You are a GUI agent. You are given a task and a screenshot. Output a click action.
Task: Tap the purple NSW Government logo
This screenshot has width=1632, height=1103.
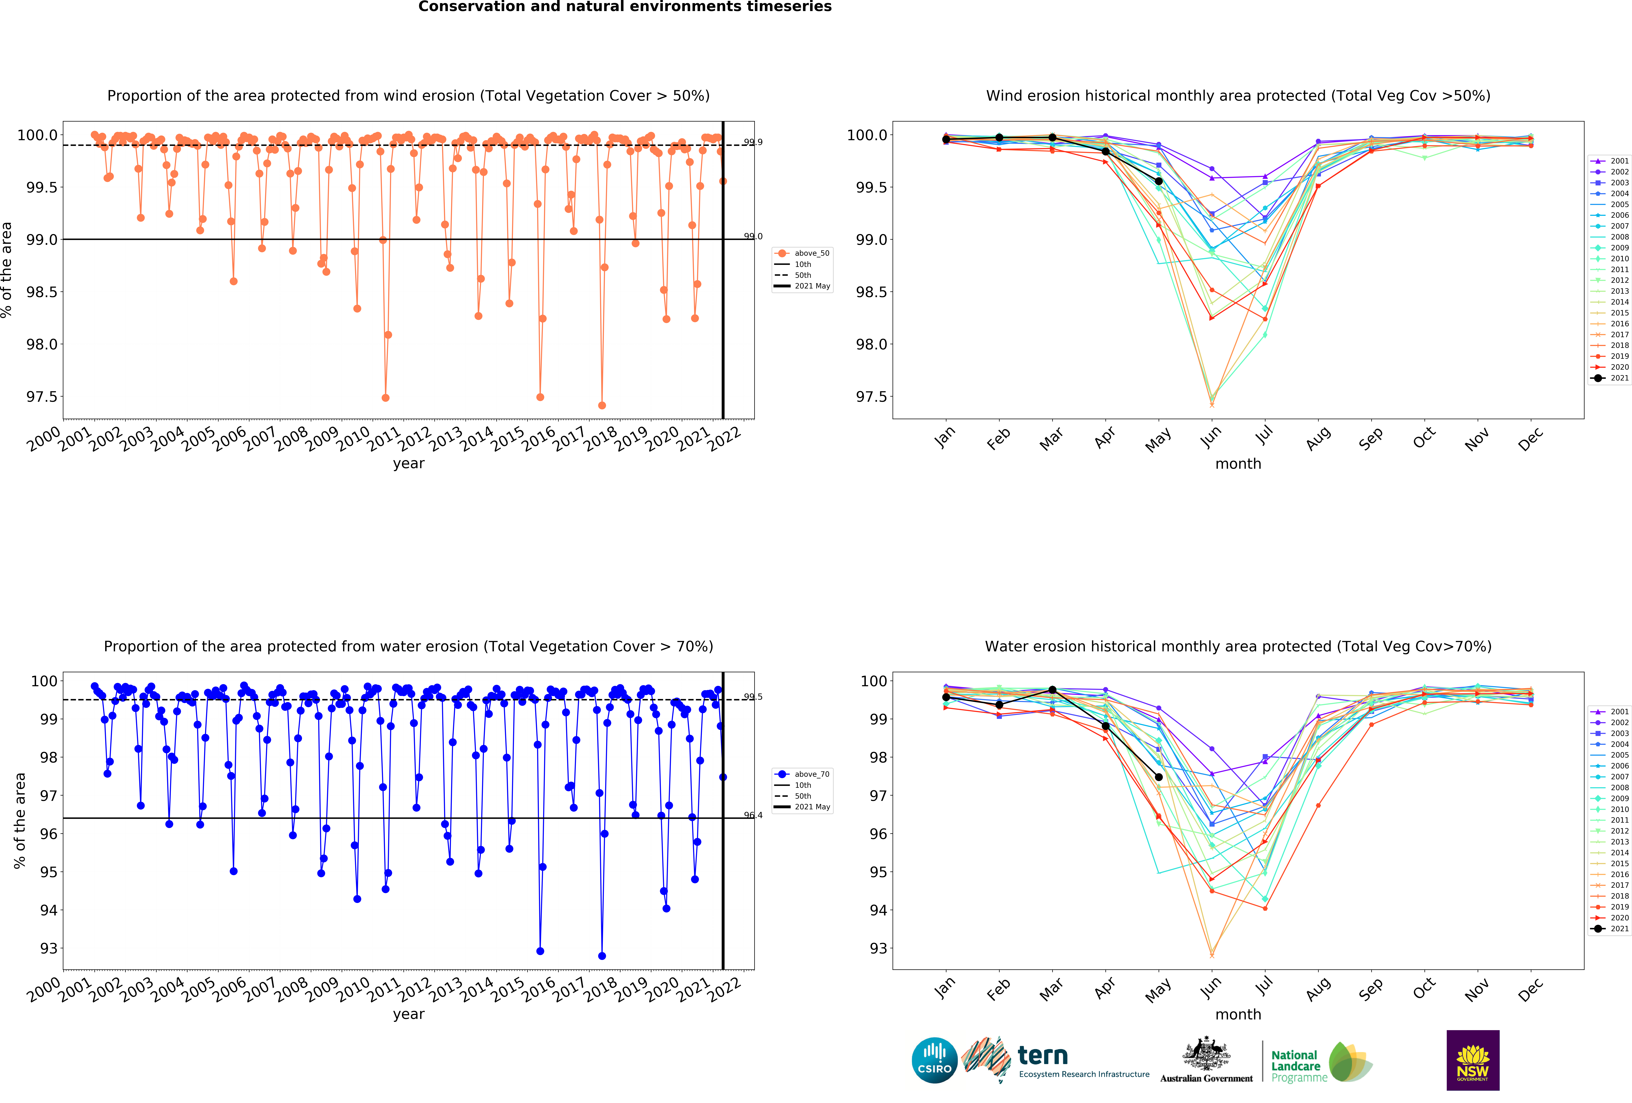tap(1473, 1060)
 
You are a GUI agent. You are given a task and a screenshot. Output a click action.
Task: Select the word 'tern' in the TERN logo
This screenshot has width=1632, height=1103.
tap(1043, 1055)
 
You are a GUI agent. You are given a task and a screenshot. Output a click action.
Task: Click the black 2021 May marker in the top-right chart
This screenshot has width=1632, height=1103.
tap(1159, 181)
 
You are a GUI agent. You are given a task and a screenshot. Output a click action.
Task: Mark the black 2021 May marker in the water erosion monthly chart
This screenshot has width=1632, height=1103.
tap(1159, 777)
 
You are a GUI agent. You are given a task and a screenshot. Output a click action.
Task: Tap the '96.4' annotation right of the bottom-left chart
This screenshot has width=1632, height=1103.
tap(753, 815)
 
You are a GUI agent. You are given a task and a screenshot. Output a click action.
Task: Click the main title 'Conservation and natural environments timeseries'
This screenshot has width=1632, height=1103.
tap(624, 7)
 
